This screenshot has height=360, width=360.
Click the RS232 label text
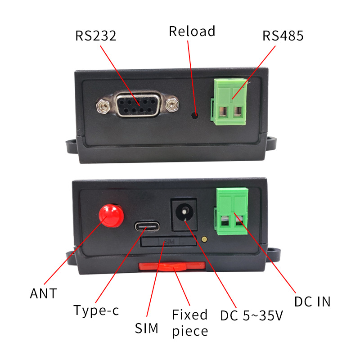coord(95,36)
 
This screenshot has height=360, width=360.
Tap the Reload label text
coord(192,31)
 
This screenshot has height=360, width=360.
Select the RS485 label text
coord(283,36)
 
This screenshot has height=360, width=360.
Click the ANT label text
coord(43,294)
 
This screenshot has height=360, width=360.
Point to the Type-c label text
coord(96,310)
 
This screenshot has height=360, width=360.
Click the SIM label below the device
coord(147,328)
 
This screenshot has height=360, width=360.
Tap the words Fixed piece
coord(190,323)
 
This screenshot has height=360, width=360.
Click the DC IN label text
coord(312,301)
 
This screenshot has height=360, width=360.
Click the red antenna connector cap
coord(111,215)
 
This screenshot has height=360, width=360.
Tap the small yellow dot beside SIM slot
coord(205,240)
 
